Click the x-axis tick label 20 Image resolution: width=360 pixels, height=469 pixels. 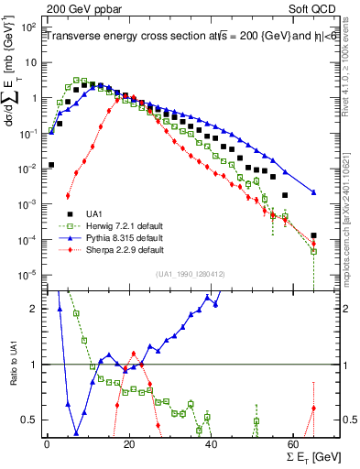(x=129, y=443)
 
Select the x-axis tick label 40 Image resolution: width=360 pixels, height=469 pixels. (x=212, y=443)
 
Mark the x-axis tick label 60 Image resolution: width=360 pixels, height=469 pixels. (x=293, y=443)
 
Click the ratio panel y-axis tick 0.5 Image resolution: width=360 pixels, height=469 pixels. (x=30, y=420)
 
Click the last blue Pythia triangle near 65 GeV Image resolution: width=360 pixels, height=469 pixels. (x=314, y=192)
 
